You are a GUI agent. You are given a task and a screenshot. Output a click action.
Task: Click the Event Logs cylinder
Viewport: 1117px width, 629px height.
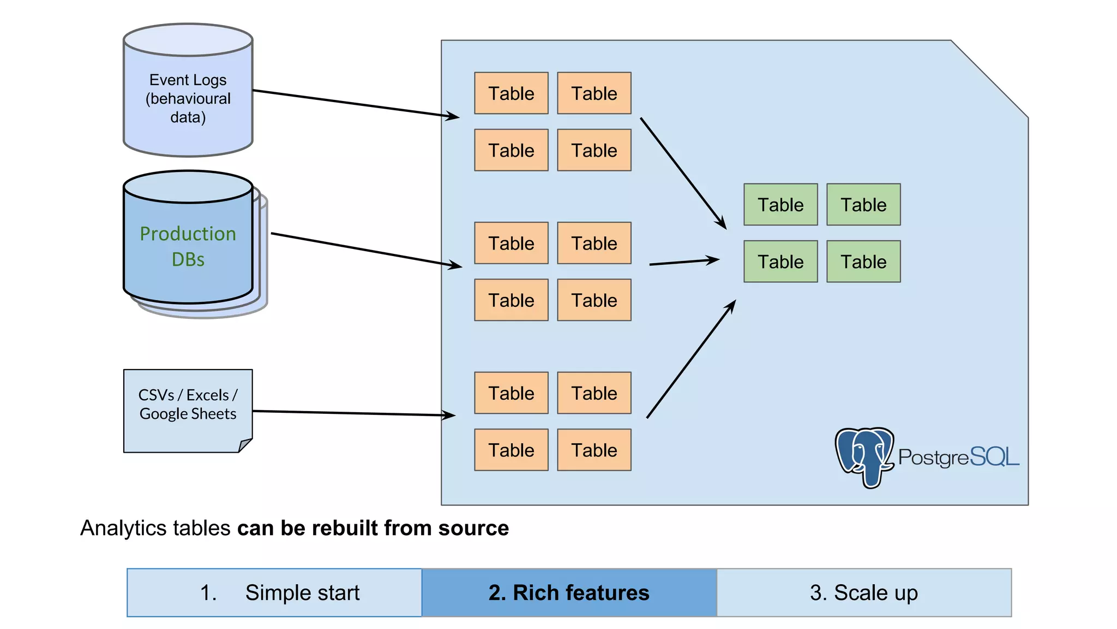click(x=188, y=98)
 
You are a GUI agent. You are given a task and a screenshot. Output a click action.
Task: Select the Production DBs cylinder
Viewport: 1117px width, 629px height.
click(x=188, y=246)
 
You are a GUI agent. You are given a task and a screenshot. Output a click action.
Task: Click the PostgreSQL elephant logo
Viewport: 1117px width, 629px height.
click(x=864, y=456)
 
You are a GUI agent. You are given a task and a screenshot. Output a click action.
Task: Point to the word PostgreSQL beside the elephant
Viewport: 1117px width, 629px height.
click(x=958, y=457)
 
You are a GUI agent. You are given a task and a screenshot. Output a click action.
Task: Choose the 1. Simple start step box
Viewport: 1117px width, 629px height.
click(x=274, y=592)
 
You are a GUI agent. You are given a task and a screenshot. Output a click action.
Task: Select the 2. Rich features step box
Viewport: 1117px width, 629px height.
click(x=569, y=592)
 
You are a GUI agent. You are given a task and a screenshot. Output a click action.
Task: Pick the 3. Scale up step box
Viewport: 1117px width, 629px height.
click(x=864, y=592)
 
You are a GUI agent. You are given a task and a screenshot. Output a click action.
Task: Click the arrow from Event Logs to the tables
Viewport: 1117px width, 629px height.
click(x=355, y=103)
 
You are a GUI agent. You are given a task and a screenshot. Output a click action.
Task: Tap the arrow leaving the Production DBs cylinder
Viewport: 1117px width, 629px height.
click(x=365, y=250)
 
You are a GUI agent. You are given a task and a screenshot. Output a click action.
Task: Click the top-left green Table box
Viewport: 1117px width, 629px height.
click(x=780, y=205)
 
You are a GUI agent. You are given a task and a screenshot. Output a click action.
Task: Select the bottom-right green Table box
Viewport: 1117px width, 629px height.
click(x=863, y=262)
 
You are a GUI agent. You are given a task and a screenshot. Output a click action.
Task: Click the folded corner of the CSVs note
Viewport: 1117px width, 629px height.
click(x=245, y=445)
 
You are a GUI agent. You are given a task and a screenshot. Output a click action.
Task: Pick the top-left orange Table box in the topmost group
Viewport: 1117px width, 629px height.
click(x=511, y=93)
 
